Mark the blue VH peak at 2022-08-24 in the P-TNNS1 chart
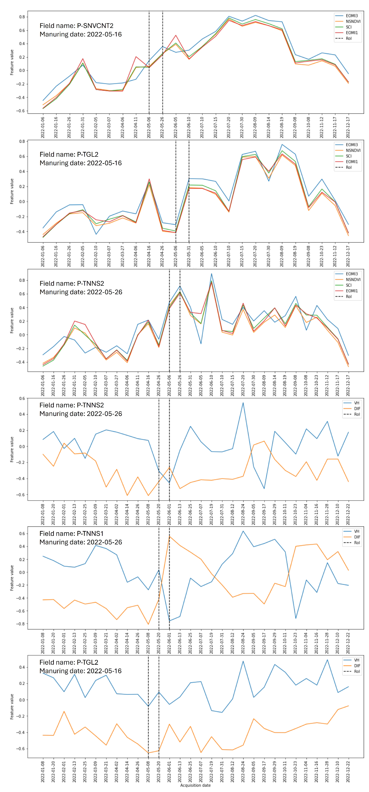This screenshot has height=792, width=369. point(243,531)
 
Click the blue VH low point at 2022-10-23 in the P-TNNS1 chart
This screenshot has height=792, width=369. point(296,618)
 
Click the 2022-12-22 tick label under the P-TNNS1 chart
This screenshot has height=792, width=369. point(348,643)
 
